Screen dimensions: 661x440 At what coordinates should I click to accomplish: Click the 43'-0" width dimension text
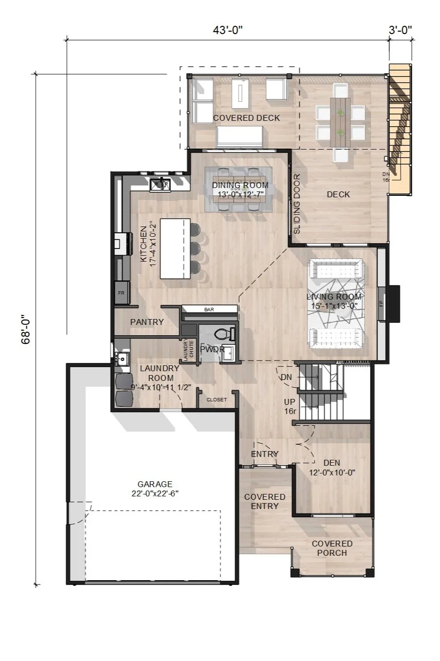pyautogui.click(x=227, y=30)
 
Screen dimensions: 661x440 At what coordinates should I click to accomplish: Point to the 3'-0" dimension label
pyautogui.click(x=400, y=30)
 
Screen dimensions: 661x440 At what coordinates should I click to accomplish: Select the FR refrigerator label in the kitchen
pyautogui.click(x=121, y=293)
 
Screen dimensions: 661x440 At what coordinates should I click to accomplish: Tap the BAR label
pyautogui.click(x=210, y=309)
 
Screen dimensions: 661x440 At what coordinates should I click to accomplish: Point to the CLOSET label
pyautogui.click(x=217, y=399)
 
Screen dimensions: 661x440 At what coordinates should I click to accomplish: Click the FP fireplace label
pyautogui.click(x=381, y=303)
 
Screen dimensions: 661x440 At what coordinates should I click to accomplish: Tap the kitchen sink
pyautogui.click(x=160, y=184)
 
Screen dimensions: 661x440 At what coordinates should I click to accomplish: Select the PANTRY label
pyautogui.click(x=147, y=322)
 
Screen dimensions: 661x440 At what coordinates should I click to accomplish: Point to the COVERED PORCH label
pyautogui.click(x=332, y=548)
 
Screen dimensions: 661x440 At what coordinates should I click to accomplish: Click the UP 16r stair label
pyautogui.click(x=290, y=406)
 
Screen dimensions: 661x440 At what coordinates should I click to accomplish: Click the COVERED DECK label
pyautogui.click(x=246, y=118)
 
